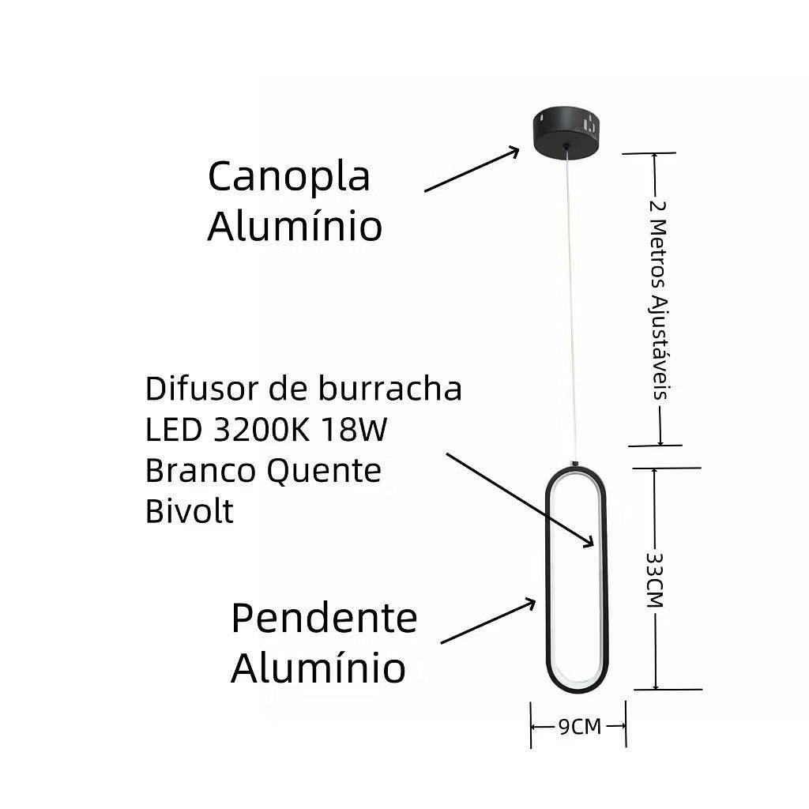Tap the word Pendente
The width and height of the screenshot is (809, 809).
324,619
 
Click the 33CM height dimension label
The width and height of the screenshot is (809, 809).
654,579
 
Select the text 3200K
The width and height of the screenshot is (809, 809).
264,430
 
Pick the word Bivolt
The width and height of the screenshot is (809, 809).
190,511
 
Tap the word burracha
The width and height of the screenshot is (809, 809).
392,389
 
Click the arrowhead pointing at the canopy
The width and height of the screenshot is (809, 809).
514,151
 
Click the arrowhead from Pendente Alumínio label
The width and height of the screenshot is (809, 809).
530,604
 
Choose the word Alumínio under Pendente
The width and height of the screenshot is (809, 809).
318,668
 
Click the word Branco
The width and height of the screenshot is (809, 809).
201,471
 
